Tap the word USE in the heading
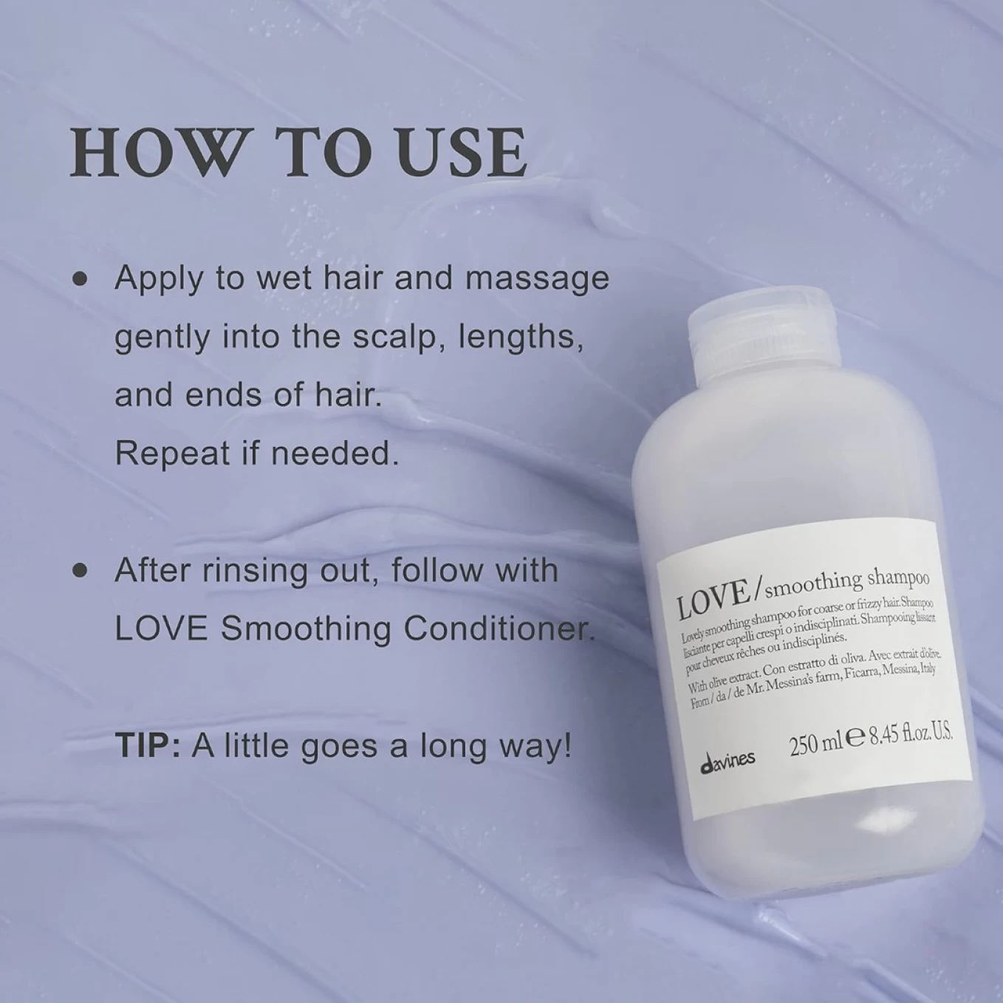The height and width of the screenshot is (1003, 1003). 461,152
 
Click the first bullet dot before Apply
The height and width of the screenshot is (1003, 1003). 81,279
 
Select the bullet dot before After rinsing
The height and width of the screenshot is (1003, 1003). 81,571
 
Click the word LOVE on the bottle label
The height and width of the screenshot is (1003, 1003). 713,600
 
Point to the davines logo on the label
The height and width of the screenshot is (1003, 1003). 728,761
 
